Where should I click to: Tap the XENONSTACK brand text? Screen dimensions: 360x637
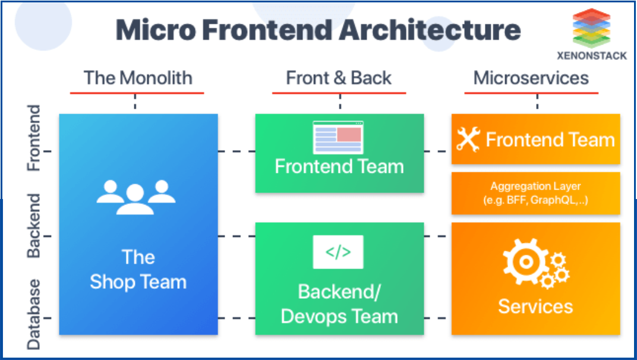click(x=592, y=56)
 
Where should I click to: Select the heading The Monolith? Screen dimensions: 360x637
click(x=138, y=78)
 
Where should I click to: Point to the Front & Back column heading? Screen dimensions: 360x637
click(x=339, y=78)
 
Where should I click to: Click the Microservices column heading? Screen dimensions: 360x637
click(x=531, y=78)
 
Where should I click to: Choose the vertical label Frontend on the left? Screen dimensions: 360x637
click(x=34, y=138)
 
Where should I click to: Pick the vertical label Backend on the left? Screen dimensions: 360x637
click(x=34, y=225)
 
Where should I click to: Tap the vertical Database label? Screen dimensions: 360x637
click(x=34, y=314)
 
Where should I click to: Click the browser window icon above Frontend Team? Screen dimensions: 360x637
click(x=338, y=138)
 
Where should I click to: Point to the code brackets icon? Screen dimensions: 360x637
click(x=338, y=252)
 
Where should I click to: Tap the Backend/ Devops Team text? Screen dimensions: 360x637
click(x=339, y=304)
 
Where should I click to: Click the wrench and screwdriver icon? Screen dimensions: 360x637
click(x=468, y=140)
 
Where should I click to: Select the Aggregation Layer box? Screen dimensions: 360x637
click(x=535, y=193)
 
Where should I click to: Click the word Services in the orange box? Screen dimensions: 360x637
click(x=535, y=307)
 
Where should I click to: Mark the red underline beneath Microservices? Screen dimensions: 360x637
click(x=531, y=93)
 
